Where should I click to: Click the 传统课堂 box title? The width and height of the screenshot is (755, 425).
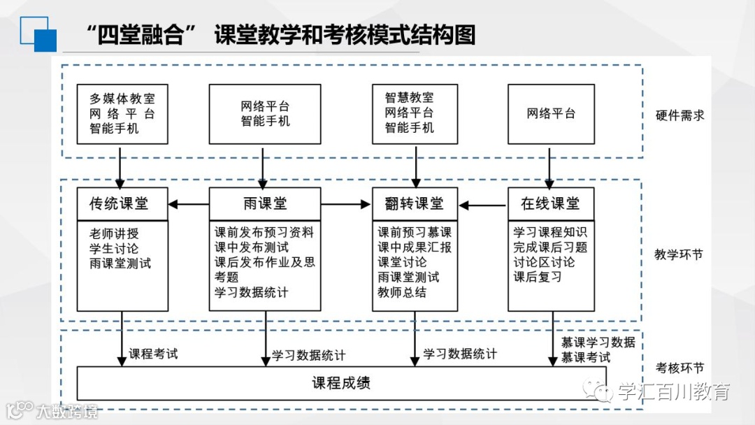tap(119, 204)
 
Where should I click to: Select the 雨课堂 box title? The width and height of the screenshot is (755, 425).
tap(265, 204)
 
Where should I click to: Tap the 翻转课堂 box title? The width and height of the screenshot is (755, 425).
tap(415, 204)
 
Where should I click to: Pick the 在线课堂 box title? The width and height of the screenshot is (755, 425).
tap(550, 204)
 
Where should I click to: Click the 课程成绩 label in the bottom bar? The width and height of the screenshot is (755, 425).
tap(340, 383)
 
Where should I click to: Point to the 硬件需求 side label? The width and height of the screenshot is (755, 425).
tap(679, 115)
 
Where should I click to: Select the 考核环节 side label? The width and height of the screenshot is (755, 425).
tap(679, 368)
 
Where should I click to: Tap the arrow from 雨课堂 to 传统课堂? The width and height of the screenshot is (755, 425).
tap(189, 204)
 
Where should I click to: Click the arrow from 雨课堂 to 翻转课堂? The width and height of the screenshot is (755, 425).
tap(346, 204)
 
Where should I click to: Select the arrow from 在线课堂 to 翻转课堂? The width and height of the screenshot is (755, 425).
tap(482, 205)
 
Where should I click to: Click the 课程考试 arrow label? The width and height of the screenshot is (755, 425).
tap(153, 354)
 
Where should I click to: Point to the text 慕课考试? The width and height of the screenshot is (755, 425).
tap(586, 357)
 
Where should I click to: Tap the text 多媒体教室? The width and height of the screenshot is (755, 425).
tap(122, 99)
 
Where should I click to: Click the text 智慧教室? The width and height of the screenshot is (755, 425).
tap(409, 98)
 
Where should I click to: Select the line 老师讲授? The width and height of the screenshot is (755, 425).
tap(114, 233)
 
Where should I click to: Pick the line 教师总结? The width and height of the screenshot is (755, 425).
tap(402, 293)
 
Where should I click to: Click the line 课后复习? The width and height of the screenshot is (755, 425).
tap(538, 278)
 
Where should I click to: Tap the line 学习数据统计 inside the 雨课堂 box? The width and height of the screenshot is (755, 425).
tap(251, 293)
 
